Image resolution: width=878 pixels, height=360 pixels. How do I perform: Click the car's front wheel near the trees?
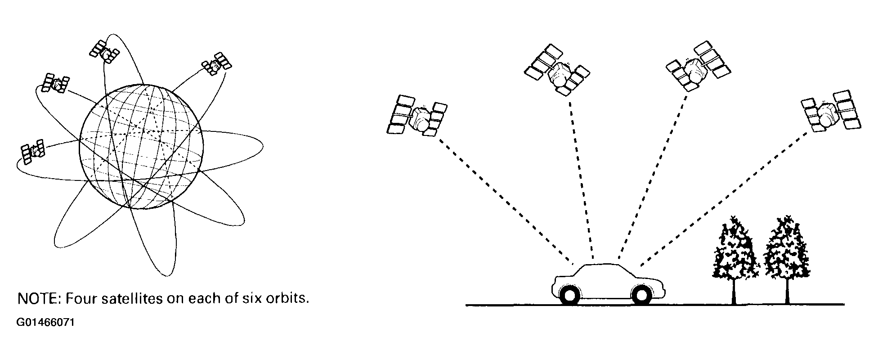[x=641, y=295]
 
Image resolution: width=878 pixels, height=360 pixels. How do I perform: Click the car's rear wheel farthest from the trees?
[x=569, y=295]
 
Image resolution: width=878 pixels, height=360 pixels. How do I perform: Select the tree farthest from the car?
[x=787, y=256]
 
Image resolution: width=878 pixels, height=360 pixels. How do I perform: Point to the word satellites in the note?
[x=135, y=298]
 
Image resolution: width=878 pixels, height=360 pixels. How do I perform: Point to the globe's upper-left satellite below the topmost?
[x=55, y=83]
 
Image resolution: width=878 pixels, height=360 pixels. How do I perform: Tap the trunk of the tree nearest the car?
[x=734, y=292]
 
